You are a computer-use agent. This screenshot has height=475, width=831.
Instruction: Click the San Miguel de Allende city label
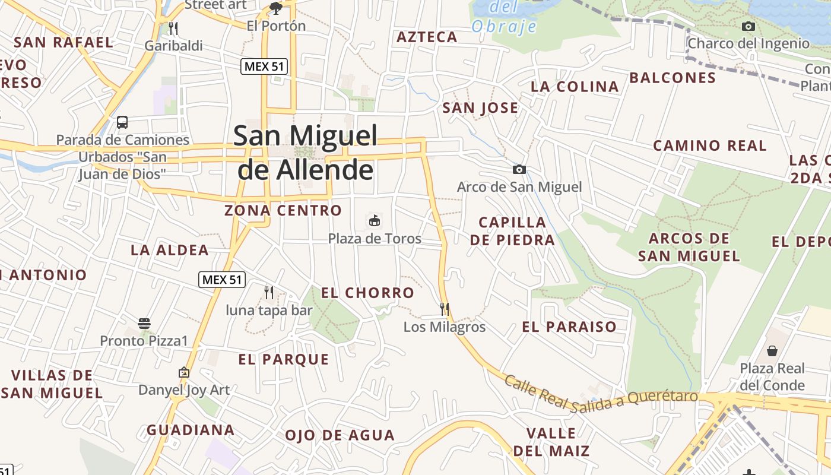tap(305, 153)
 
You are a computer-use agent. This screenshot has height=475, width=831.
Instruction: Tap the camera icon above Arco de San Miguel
tap(519, 170)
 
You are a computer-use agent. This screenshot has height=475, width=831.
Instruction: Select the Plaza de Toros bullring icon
tap(375, 221)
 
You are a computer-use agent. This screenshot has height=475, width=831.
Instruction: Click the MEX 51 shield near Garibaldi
tap(265, 66)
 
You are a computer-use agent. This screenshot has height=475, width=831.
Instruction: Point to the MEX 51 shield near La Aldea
tap(222, 280)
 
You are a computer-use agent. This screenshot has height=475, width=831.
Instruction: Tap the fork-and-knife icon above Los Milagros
tap(444, 309)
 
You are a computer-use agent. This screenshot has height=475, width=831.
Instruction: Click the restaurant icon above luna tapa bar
tap(269, 292)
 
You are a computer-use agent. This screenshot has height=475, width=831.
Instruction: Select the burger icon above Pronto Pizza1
tap(144, 324)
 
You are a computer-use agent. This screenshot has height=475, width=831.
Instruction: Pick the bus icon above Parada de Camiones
tap(122, 122)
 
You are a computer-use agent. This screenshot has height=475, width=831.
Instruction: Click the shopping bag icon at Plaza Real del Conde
tap(772, 351)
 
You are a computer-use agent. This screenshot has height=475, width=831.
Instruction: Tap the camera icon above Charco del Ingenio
tap(748, 26)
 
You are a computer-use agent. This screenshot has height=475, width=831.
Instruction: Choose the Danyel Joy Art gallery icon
tap(184, 373)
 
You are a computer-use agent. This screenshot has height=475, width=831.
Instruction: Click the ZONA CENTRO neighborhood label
tap(283, 210)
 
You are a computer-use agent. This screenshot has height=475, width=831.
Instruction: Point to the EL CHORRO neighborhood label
tap(367, 293)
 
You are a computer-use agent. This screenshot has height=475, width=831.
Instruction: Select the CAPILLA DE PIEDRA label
tap(512, 231)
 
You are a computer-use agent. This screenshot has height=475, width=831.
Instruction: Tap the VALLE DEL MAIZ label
tap(551, 442)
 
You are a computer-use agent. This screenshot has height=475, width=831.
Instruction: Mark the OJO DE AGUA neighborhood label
tap(340, 435)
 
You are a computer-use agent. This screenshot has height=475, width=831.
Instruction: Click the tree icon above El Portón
tap(276, 8)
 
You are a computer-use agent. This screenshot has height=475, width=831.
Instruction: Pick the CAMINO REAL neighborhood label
tap(710, 145)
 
